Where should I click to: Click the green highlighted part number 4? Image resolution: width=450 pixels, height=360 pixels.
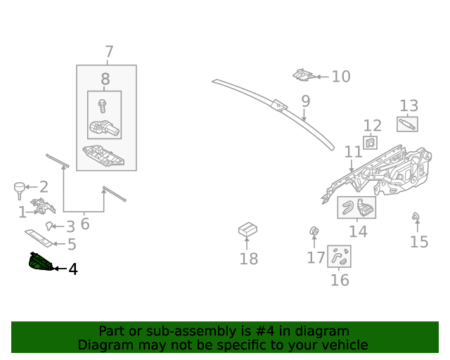coord(40,262)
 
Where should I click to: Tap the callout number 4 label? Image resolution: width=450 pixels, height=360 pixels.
coord(72,269)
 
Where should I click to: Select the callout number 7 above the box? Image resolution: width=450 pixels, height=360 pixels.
coord(109,51)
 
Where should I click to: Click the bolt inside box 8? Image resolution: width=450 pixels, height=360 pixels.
coord(103,106)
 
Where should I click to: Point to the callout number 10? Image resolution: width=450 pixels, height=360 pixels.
coord(340,76)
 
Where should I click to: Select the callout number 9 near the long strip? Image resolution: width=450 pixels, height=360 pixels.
coord(305,101)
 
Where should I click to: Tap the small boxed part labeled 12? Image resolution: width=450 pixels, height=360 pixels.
coord(369,143)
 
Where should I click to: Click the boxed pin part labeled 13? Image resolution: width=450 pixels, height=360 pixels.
coord(407,124)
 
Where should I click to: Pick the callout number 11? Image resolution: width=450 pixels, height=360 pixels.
coord(353,151)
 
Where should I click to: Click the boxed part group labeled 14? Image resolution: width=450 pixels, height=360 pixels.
coord(357,208)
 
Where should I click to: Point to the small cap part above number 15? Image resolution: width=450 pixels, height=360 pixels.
coord(416,216)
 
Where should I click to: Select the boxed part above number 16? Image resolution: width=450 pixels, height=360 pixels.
coord(339,257)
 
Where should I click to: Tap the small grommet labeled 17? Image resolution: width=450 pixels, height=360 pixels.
coord(314,231)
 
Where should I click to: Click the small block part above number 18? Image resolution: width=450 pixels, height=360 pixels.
coord(247,229)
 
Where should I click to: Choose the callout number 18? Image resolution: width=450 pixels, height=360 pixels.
coord(248,259)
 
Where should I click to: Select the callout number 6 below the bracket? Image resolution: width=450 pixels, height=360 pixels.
coord(85,224)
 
